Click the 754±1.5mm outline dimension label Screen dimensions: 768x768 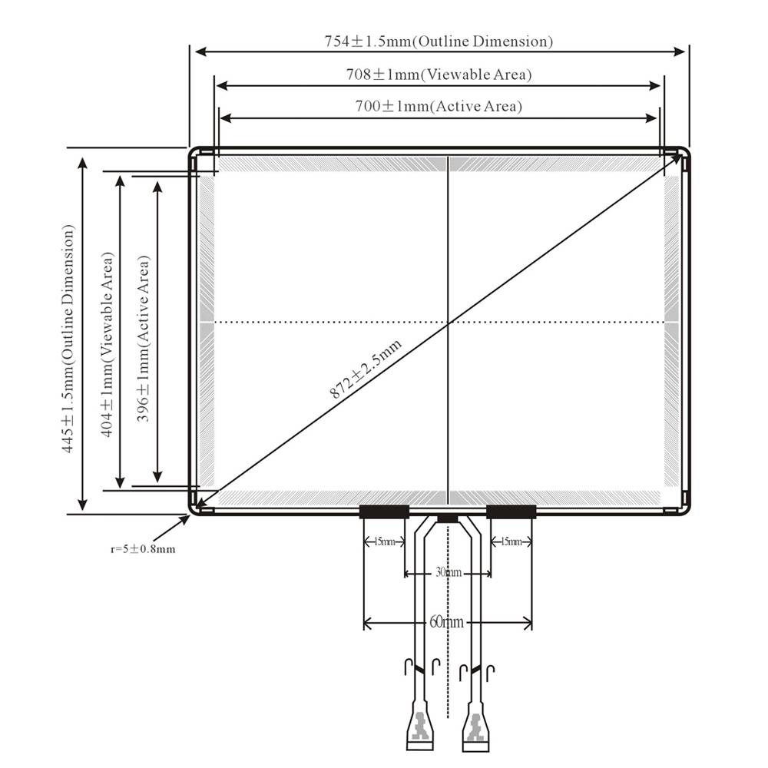click(439, 41)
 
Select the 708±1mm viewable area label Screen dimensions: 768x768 click(439, 74)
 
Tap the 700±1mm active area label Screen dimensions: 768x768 click(439, 106)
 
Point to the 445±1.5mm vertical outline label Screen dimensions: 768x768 click(68, 339)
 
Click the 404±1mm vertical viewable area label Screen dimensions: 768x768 click(108, 344)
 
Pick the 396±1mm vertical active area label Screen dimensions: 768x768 click(143, 339)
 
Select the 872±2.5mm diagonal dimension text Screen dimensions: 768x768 click(366, 369)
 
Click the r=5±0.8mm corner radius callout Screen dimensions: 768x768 click(143, 549)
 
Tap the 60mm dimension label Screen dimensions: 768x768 click(447, 622)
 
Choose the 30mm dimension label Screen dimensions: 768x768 click(449, 572)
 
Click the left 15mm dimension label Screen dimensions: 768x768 click(385, 541)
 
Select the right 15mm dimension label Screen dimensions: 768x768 click(511, 541)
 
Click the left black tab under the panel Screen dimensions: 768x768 click(385, 511)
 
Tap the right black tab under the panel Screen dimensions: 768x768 click(511, 511)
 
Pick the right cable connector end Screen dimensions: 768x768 click(475, 727)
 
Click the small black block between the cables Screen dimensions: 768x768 click(448, 518)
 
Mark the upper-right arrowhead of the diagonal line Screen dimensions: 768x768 click(678, 157)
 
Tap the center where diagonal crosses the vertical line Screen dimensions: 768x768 click(449, 323)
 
